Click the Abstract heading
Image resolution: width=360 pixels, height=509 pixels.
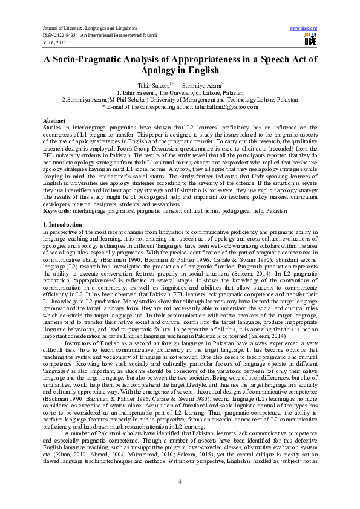pyautogui.click(x=55, y=122)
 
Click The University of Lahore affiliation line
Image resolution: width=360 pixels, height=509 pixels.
pyautogui.click(x=180, y=92)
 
